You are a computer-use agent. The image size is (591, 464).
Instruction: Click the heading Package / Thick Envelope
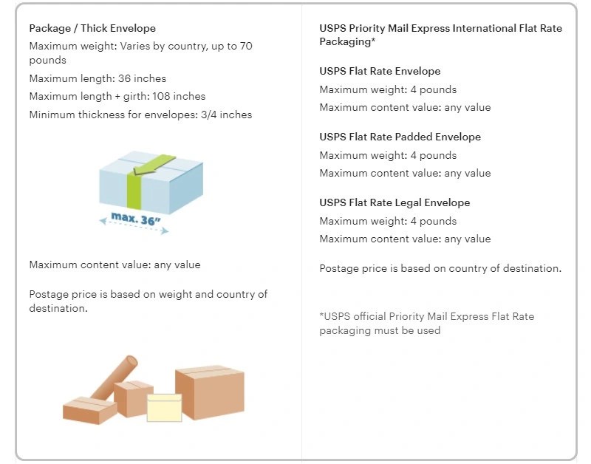92,28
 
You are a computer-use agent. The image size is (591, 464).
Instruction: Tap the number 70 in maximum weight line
246,46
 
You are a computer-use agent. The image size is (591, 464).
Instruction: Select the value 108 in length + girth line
161,96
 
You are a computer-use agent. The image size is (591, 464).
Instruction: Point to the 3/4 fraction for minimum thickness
208,115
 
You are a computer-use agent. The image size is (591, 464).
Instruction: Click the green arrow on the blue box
154,165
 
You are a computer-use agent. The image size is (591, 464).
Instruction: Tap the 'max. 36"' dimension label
136,219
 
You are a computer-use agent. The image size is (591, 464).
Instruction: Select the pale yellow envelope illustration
164,407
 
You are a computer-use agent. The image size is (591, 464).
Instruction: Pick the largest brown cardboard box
210,392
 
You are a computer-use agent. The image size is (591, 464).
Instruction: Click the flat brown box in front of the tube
89,410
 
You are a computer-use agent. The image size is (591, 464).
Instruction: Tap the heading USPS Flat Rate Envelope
380,71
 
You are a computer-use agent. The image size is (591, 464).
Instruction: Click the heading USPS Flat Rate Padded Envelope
400,137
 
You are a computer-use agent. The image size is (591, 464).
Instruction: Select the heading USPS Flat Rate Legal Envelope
394,202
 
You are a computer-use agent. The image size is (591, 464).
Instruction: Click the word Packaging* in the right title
347,42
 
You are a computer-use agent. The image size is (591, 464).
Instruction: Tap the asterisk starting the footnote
321,314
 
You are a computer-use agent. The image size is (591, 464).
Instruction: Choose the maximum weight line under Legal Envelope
388,221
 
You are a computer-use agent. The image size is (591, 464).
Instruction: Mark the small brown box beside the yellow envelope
133,399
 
